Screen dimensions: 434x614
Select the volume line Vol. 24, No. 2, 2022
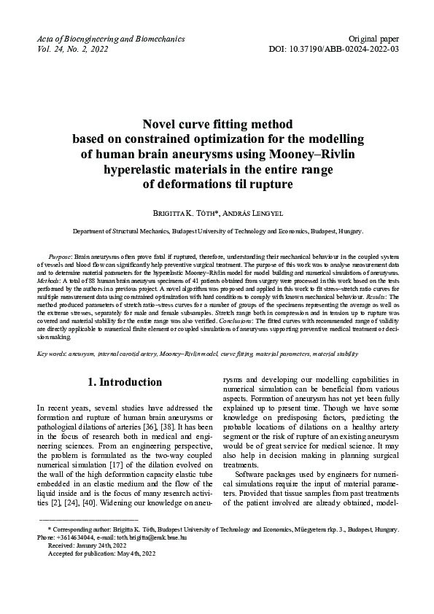(x=72, y=49)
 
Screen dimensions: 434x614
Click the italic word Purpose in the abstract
(x=61, y=258)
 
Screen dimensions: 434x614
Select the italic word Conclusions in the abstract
(x=282, y=322)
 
